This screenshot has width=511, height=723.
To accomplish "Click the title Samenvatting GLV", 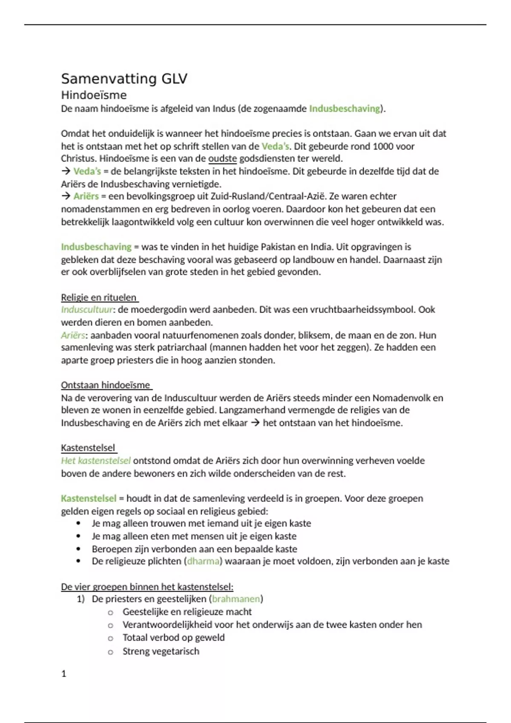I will coord(124,79).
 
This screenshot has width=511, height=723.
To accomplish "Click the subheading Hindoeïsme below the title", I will coord(94,95).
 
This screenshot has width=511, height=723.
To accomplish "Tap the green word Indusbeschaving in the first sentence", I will coord(344,108).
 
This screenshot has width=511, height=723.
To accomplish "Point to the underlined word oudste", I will coord(222,159).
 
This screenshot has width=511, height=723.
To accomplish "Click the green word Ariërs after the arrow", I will coord(86,196).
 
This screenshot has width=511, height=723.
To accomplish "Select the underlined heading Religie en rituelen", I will coord(99,297).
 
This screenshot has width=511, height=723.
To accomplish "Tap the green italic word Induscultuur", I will coord(87,310).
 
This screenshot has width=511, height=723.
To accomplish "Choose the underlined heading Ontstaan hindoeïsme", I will coord(106,385).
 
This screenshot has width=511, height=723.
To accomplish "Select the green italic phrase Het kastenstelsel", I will coord(96,461).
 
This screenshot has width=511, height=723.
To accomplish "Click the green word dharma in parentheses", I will coord(203,561).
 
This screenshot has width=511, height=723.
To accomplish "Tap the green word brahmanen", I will coord(236,599).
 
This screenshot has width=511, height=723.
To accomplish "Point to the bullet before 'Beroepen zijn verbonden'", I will coord(78,549).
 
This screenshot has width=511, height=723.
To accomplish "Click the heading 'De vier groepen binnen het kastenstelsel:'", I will coord(147,587).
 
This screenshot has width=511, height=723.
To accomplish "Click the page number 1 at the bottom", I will coord(64,674).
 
